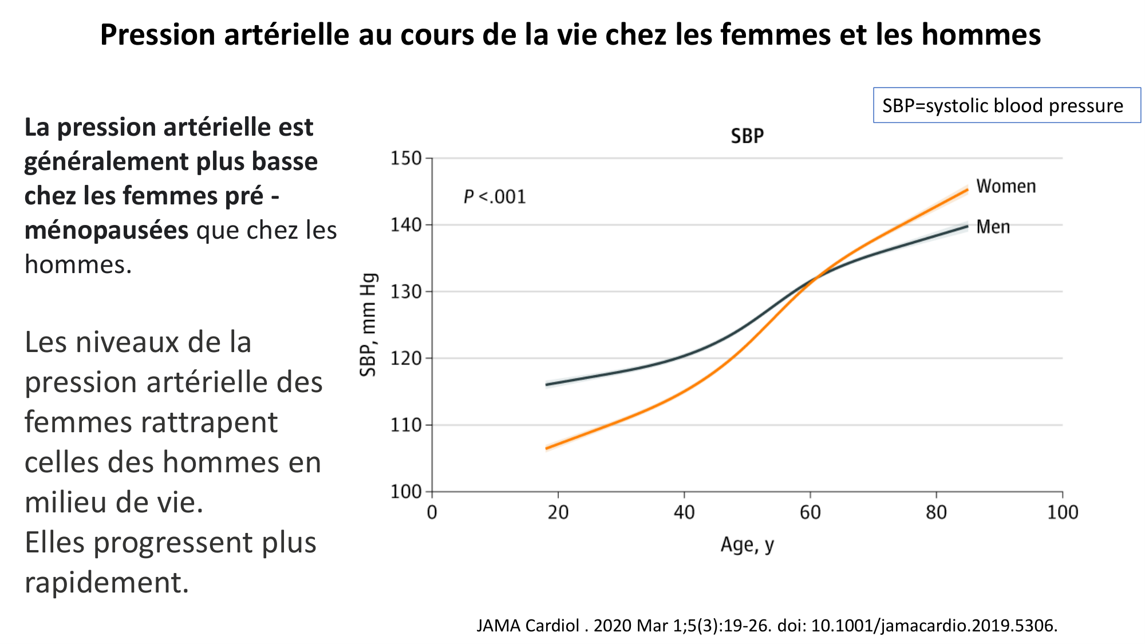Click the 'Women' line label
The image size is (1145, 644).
pos(1006,187)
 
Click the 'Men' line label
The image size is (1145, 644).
pos(993,227)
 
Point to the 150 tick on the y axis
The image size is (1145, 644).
pos(406,159)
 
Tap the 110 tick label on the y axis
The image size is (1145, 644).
pos(406,425)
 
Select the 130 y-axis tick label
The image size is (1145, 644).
pos(406,292)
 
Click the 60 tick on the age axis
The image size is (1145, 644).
pos(810,512)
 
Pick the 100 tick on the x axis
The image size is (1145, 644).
pos(1063,512)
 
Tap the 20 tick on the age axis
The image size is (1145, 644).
pos(558,512)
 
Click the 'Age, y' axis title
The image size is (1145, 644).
pos(747,544)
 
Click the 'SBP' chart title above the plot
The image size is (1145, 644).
pos(747,136)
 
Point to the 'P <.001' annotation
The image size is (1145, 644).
pos(495,197)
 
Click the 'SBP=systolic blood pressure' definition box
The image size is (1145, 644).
pos(1006,105)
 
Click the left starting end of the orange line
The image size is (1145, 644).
pos(547,448)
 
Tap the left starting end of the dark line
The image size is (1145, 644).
pos(547,385)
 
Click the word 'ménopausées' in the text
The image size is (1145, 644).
pos(106,230)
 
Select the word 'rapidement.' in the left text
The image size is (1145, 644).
pos(106,582)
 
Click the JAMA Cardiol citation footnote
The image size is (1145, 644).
pos(767,625)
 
